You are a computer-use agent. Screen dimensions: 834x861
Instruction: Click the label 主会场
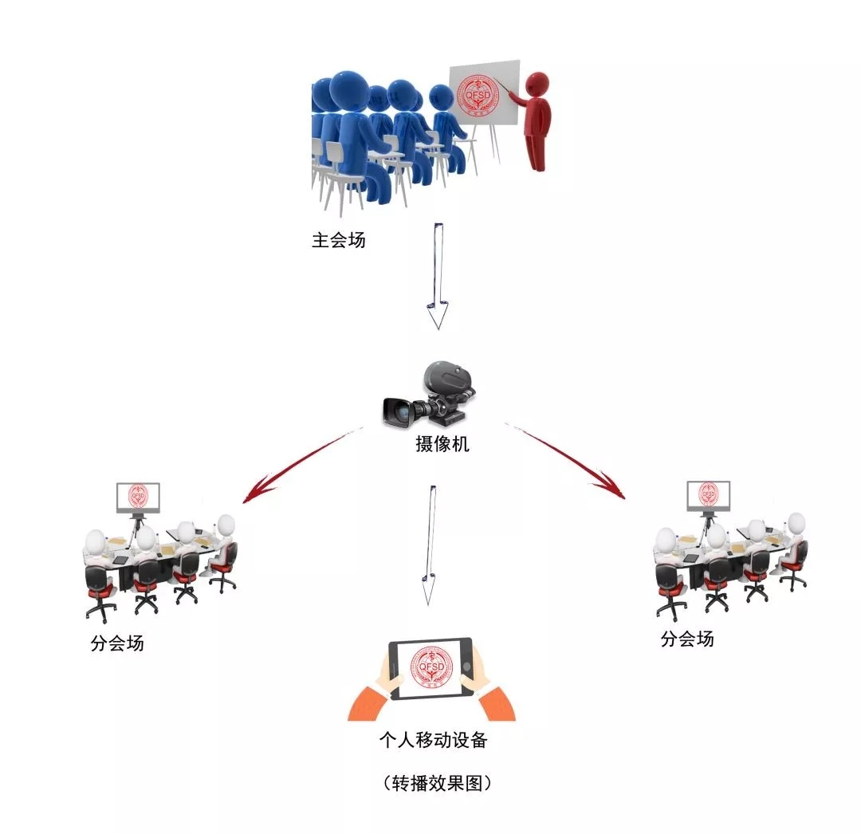(339, 240)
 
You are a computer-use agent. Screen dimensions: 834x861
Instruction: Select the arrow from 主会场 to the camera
(437, 276)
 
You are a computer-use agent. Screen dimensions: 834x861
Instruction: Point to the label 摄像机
(442, 444)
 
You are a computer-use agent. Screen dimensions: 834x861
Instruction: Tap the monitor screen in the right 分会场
(709, 495)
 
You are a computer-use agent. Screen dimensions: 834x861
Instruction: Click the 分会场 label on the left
(117, 643)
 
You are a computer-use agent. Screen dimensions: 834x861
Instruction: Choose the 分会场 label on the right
(687, 639)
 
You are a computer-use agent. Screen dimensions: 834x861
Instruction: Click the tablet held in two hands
(431, 668)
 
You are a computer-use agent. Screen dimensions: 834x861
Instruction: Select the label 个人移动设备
(434, 740)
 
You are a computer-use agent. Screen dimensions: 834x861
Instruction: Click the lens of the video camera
(395, 411)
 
